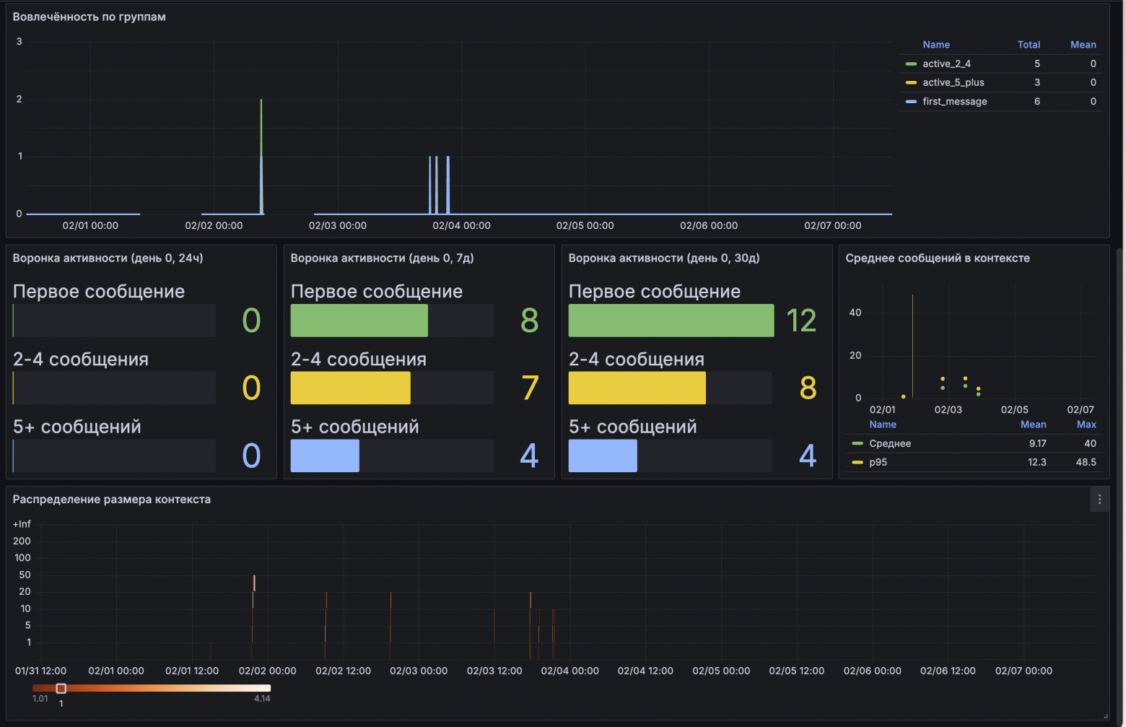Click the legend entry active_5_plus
pyautogui.click(x=953, y=82)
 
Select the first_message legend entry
pyautogui.click(x=954, y=101)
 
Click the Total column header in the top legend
pyautogui.click(x=1029, y=45)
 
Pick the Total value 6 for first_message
pyautogui.click(x=1037, y=101)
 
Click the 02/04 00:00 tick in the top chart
pyautogui.click(x=461, y=225)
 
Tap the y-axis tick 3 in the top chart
pyautogui.click(x=19, y=42)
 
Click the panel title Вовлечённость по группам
pyautogui.click(x=90, y=17)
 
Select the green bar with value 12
pyautogui.click(x=671, y=321)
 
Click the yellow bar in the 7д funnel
pyautogui.click(x=350, y=388)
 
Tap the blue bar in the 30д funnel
pyautogui.click(x=603, y=456)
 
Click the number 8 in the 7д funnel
pyautogui.click(x=529, y=321)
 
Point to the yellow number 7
pyautogui.click(x=529, y=388)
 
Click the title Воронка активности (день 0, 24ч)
pyautogui.click(x=108, y=258)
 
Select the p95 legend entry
pyautogui.click(x=878, y=462)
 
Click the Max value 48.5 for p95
pyautogui.click(x=1086, y=462)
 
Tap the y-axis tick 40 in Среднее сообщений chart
pyautogui.click(x=855, y=313)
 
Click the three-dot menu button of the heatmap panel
pyautogui.click(x=1099, y=499)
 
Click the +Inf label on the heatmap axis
pyautogui.click(x=22, y=524)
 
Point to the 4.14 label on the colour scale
pyautogui.click(x=262, y=698)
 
